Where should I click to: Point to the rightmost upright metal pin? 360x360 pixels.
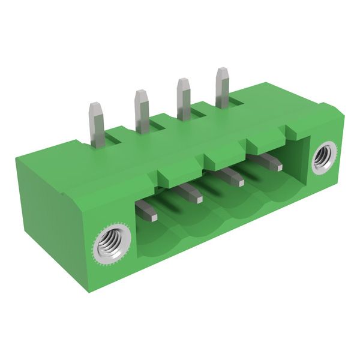[x=222, y=88]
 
